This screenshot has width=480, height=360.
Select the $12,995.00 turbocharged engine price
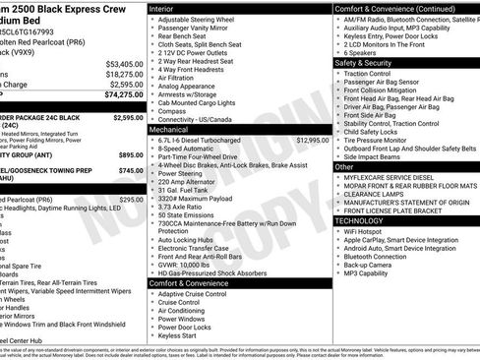pos(311,141)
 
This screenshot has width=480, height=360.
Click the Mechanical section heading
pos(175,129)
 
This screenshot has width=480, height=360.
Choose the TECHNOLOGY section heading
pos(366,221)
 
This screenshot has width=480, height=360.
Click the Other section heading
pos(344,167)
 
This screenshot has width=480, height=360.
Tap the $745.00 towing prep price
pos(130,170)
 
